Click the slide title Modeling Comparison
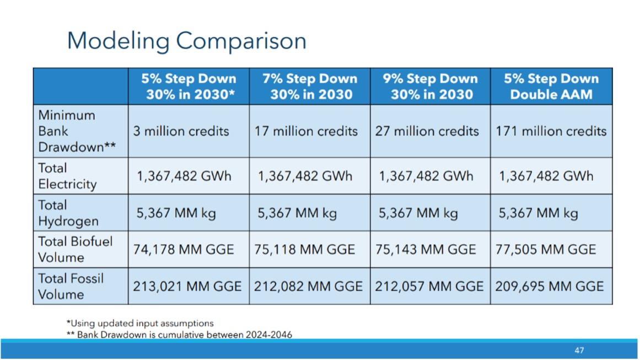click(x=186, y=41)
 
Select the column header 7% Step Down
click(x=309, y=87)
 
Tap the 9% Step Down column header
click(x=430, y=87)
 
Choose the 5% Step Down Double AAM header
click(x=551, y=87)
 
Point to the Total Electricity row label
click(x=67, y=176)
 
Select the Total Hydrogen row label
click(x=68, y=213)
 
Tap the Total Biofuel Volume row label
click(x=67, y=249)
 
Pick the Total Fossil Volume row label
click(x=71, y=286)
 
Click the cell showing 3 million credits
click(x=181, y=131)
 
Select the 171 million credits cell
click(x=551, y=131)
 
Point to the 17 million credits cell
click(x=306, y=131)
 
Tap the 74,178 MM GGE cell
click(x=184, y=249)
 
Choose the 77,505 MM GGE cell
click(x=545, y=249)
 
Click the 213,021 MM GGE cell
click(x=187, y=286)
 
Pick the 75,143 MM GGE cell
click(x=425, y=249)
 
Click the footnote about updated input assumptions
click(x=139, y=323)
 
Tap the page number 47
click(x=579, y=350)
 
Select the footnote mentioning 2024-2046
click(x=179, y=334)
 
